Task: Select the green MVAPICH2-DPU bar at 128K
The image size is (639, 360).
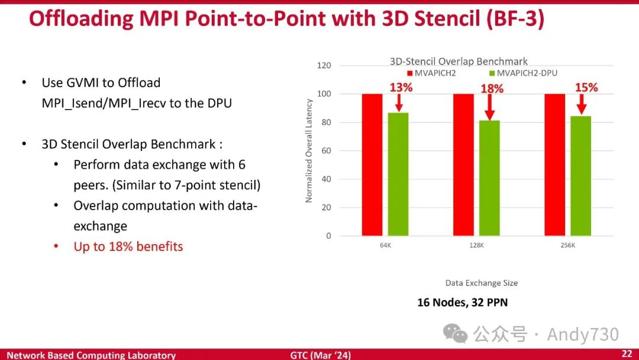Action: coord(489,178)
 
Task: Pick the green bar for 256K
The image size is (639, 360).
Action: coord(580,176)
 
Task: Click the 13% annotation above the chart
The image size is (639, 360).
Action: coord(401,87)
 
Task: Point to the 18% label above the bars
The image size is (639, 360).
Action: coord(492,88)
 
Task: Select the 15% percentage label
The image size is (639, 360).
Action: coord(586,87)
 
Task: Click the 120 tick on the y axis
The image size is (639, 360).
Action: coord(324,65)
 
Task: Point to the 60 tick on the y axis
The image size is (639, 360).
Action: coord(325,150)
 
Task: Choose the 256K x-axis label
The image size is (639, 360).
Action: coord(567,246)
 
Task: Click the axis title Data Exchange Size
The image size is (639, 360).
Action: coord(482,283)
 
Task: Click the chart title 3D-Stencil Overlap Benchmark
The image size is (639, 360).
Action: coord(459,61)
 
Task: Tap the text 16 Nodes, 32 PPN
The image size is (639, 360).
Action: coord(462,303)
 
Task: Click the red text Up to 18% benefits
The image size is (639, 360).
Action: coord(128,246)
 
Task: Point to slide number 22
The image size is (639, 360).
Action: coord(627,354)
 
